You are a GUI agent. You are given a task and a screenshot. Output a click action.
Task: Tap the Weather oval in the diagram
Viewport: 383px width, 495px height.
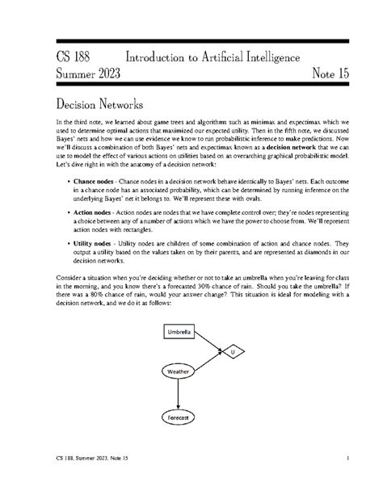177,371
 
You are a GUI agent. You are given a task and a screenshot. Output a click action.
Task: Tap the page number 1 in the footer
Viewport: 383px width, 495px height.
346,459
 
